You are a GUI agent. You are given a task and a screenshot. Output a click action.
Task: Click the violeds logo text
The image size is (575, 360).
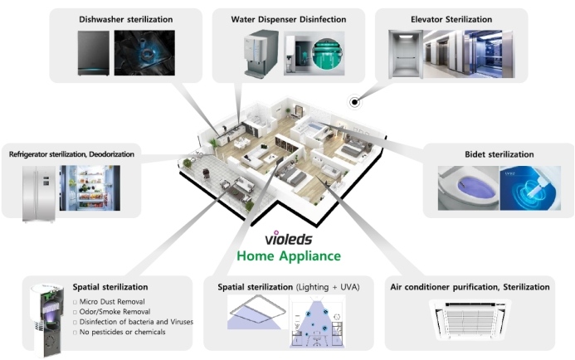coord(289,239)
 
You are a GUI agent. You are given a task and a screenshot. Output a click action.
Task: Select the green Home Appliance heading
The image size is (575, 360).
coord(289,255)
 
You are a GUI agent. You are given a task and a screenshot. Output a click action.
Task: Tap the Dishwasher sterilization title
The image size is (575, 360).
coord(126,19)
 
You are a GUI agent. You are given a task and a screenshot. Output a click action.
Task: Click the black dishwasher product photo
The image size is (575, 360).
coord(94,53)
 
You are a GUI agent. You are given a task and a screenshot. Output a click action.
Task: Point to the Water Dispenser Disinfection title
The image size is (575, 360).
coord(289,19)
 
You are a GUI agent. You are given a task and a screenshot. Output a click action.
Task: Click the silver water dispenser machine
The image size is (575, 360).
coord(261,54)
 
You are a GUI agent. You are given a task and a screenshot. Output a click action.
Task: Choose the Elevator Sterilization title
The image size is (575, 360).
coord(451,19)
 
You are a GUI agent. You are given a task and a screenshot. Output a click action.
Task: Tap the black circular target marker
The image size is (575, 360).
coord(354,102)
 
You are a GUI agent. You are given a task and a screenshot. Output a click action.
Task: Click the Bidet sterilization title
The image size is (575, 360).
coord(499,154)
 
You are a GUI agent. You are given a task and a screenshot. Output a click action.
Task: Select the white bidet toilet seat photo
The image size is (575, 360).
coord(468,188)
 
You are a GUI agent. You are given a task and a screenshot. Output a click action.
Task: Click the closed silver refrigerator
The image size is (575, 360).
coord(39,194)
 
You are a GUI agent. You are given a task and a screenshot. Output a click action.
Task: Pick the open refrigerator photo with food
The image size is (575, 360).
coord(90,188)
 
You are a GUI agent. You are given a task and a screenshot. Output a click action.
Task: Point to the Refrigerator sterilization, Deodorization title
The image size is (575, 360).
coord(71,154)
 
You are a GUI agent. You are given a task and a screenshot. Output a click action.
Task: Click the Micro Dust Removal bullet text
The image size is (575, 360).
coord(112,302)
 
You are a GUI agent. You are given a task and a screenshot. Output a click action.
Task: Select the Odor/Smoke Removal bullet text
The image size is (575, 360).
coord(115,312)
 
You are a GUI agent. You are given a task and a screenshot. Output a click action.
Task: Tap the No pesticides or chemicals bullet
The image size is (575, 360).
coord(119,332)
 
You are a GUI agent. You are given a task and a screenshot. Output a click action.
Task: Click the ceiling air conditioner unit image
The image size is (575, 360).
coord(470,320)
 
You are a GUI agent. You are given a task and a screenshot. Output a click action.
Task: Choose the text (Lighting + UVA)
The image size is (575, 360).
coord(328,287)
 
